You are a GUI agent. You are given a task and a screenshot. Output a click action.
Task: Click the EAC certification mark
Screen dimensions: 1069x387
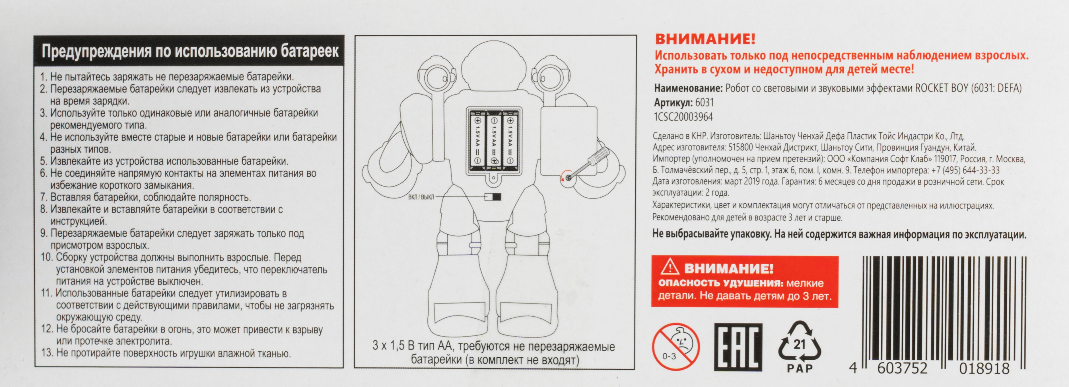(x=738, y=347)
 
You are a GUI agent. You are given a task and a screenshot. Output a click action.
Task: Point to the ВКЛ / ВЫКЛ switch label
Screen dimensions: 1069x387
(x=421, y=197)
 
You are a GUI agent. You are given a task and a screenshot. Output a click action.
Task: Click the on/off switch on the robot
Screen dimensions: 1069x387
(x=493, y=197)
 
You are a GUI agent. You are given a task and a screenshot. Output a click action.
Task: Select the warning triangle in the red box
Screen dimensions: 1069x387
(x=670, y=267)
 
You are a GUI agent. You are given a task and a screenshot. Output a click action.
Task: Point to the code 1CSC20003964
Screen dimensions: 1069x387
(x=683, y=117)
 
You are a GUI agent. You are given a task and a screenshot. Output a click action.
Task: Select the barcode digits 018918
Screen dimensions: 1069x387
(x=984, y=368)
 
